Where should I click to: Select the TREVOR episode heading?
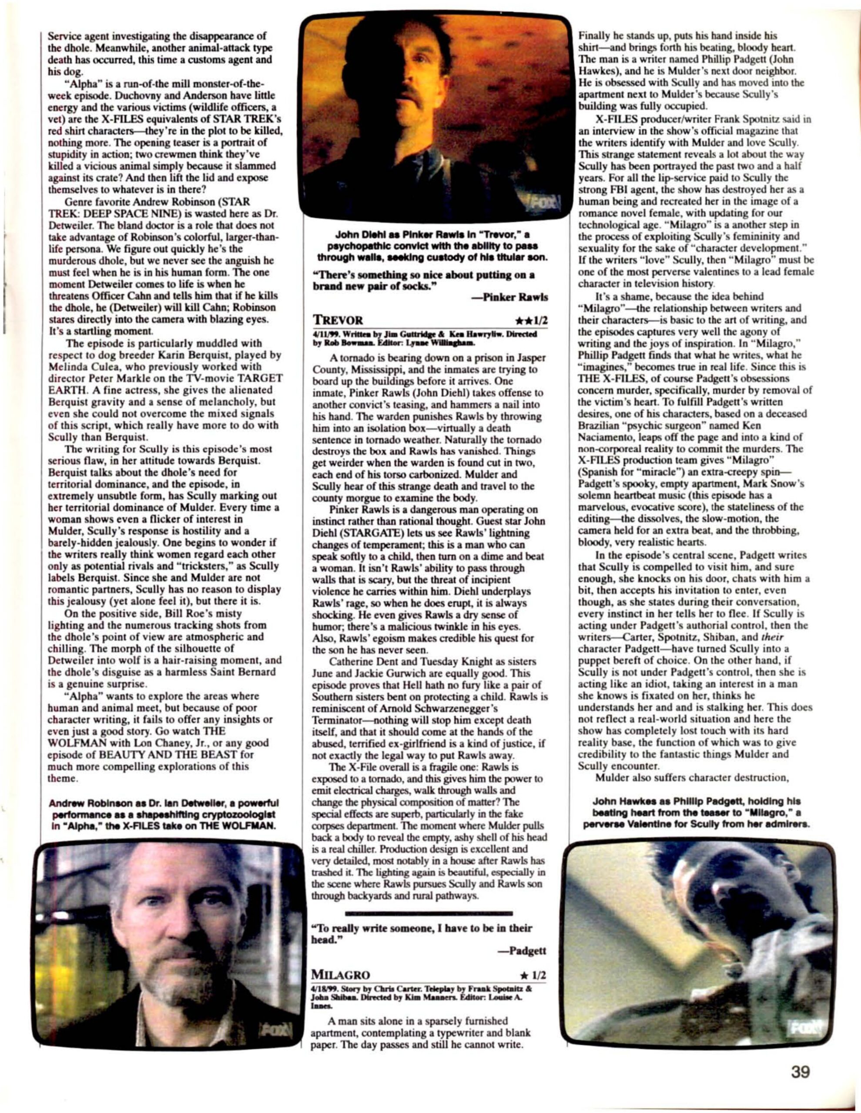pos(338,320)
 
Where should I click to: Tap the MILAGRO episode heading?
pos(340,975)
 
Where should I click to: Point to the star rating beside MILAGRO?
pos(533,975)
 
